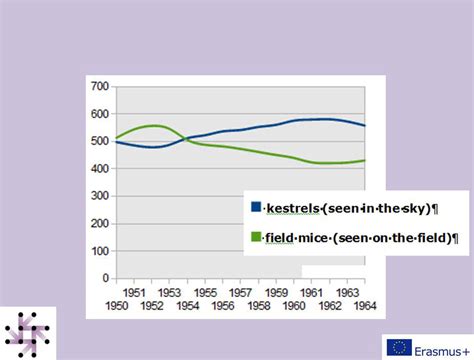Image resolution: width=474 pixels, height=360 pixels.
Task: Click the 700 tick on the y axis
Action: pos(101,87)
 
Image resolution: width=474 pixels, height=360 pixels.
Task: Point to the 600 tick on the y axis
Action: pos(101,114)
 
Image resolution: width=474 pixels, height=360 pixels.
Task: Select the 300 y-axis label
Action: pos(101,196)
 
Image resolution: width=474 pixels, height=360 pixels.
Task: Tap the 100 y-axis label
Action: pos(101,250)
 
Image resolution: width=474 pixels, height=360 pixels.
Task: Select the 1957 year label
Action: pos(239,291)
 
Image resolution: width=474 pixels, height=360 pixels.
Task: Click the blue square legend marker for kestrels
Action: pos(255,208)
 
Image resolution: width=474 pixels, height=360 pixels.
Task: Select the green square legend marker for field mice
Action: pos(255,238)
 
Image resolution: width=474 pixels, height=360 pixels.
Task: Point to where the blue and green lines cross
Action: pos(184,139)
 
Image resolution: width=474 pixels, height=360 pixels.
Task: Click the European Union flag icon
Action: pos(399,348)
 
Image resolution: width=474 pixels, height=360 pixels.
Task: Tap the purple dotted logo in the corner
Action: pos(27,332)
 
